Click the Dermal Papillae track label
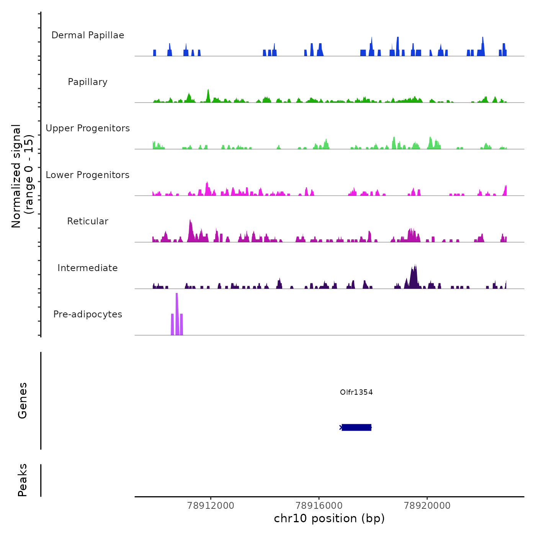pos(88,35)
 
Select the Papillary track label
pos(88,82)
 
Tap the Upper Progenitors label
pos(88,128)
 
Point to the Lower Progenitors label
pos(88,175)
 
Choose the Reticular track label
pos(88,221)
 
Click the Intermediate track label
pos(88,268)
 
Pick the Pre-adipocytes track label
pos(88,314)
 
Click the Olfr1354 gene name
pos(356,392)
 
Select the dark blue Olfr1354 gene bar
pos(356,427)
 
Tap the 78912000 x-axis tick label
pos(211,505)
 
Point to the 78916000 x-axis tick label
pos(319,505)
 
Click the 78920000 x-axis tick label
pos(427,505)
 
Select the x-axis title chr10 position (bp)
pos(329,518)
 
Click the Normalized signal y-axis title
pos(22,176)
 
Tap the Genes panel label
pos(23,400)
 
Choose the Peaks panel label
pos(23,480)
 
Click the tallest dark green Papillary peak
pos(208,96)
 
